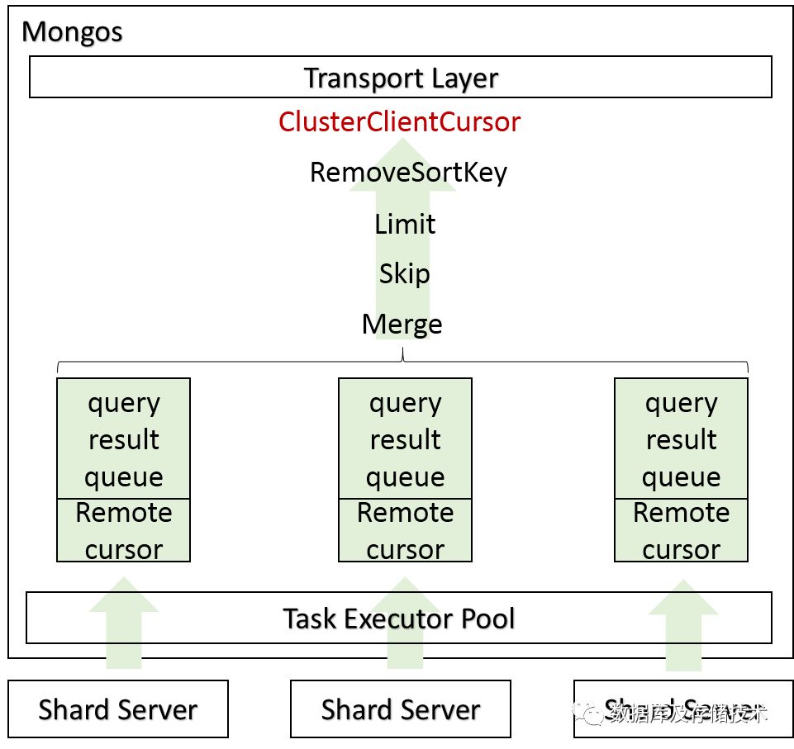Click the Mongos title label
click(x=72, y=32)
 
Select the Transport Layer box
click(x=401, y=78)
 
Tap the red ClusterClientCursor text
click(x=399, y=122)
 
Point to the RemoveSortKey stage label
click(x=408, y=173)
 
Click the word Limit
click(x=405, y=224)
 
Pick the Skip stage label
click(x=404, y=273)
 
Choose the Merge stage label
click(x=402, y=324)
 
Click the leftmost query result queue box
click(x=124, y=438)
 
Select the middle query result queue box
click(x=405, y=438)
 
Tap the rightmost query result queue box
click(x=681, y=438)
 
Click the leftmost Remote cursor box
click(x=124, y=530)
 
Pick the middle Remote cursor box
click(x=405, y=530)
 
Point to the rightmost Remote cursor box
click(x=681, y=530)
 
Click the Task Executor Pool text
click(x=399, y=618)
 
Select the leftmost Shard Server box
click(x=118, y=709)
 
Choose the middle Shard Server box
click(x=401, y=709)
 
